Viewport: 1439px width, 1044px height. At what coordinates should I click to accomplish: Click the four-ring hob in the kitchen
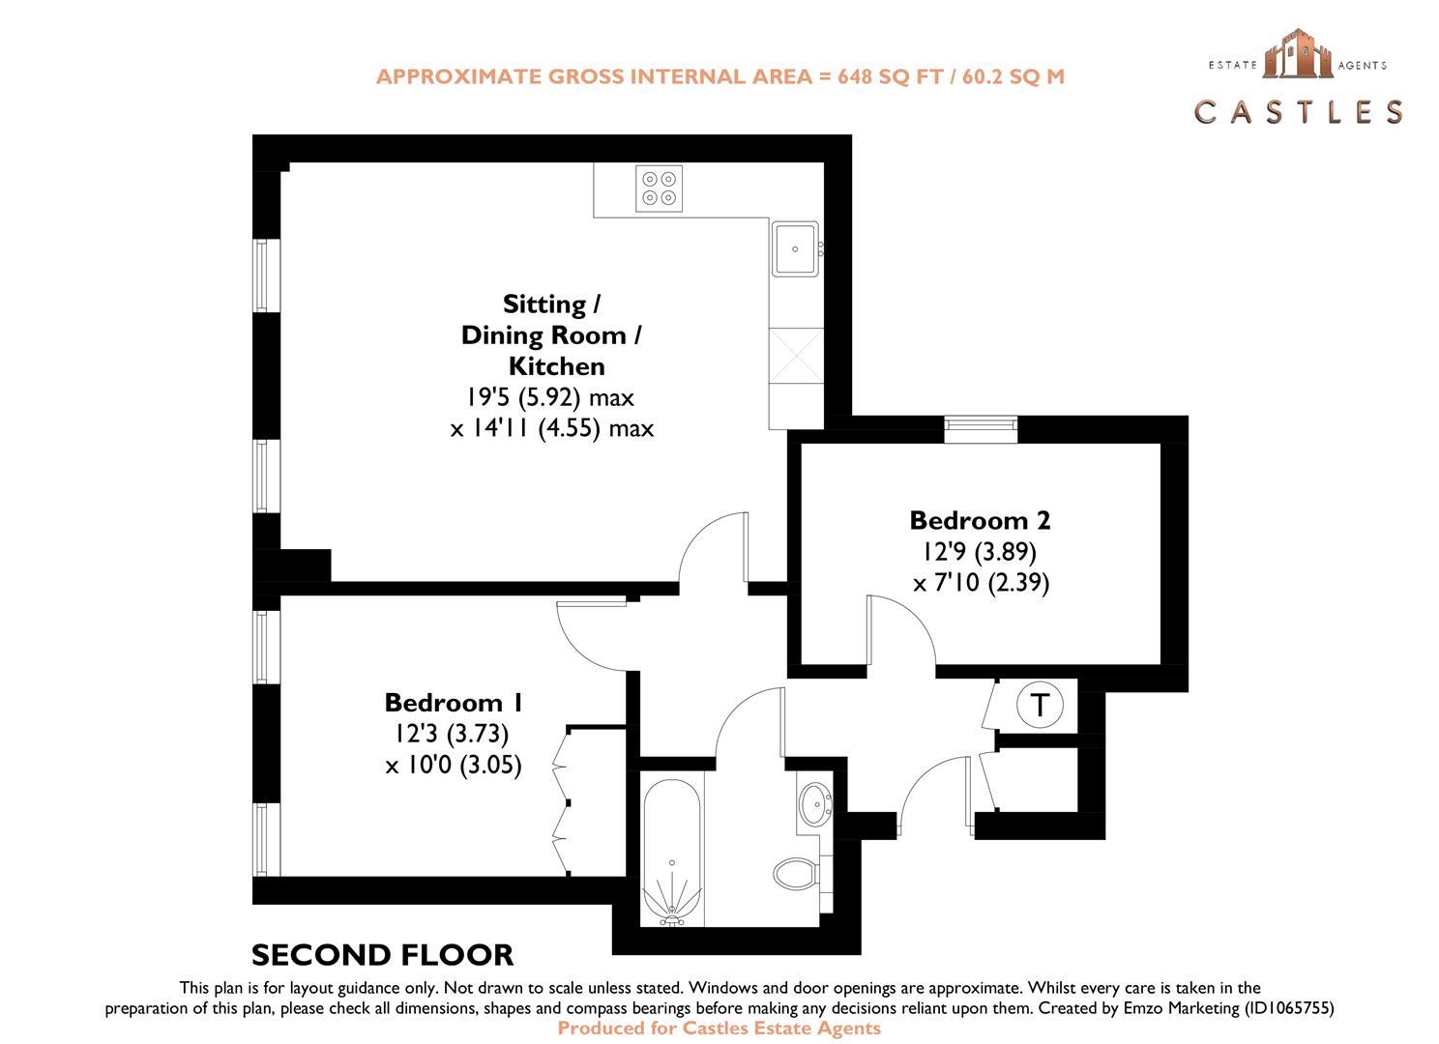[660, 188]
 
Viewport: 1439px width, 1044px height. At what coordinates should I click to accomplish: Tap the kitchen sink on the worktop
[795, 248]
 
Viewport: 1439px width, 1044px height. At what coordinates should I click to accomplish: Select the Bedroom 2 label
[980, 520]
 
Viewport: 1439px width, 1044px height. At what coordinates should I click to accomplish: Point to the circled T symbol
[1040, 705]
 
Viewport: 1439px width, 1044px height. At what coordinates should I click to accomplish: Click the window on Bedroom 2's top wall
[981, 428]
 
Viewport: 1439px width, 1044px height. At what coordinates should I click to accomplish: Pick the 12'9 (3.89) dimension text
[980, 552]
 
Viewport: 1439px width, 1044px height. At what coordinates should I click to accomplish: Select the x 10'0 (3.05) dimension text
[454, 766]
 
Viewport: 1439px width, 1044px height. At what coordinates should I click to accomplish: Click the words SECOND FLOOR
[382, 955]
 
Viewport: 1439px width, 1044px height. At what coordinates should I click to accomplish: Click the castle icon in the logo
[1297, 53]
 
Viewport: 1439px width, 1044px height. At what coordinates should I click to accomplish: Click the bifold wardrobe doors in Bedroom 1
[562, 802]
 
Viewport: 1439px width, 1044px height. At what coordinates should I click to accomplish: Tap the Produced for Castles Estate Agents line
[719, 1029]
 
